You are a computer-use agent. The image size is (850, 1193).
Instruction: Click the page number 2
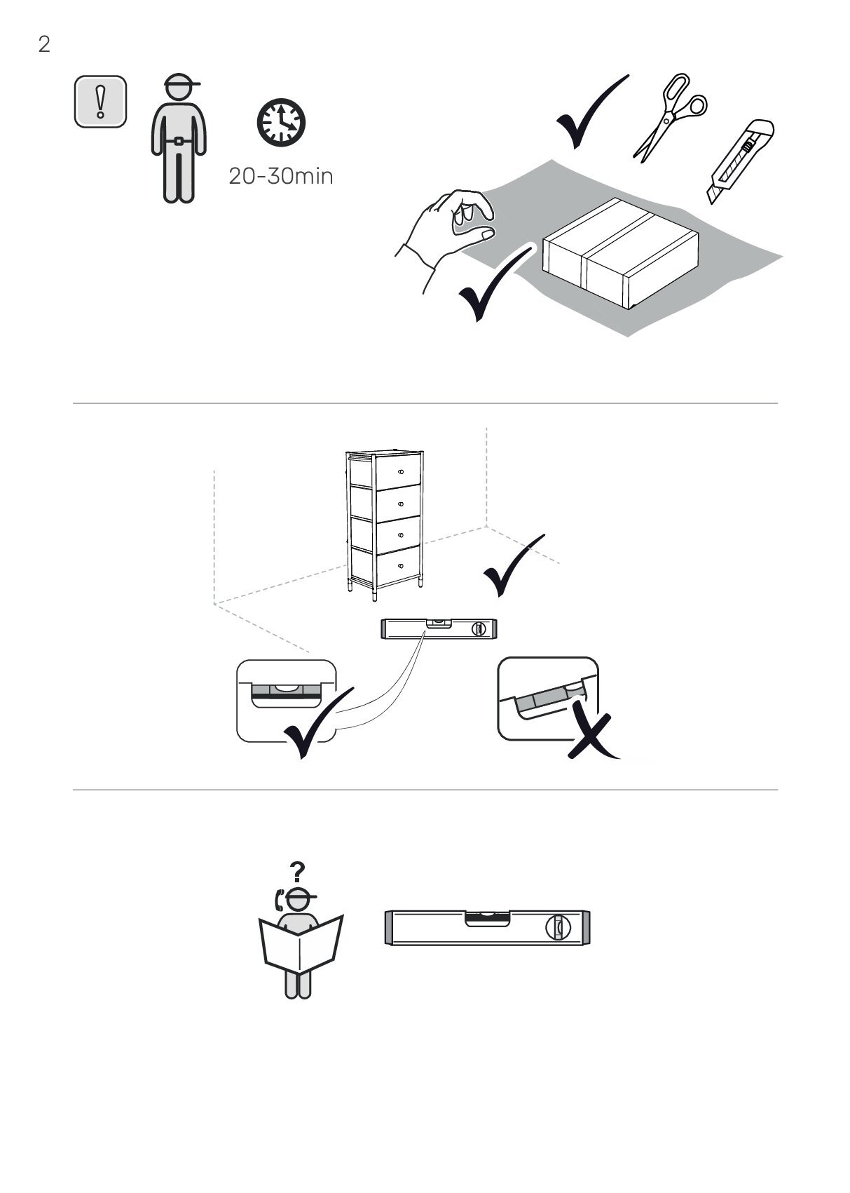[44, 44]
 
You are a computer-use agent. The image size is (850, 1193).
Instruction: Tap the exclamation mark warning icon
[100, 101]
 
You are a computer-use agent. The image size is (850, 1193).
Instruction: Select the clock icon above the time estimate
[281, 122]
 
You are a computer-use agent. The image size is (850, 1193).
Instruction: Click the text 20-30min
[280, 176]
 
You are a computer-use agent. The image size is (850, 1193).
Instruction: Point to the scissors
[670, 117]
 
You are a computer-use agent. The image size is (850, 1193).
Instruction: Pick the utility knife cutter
[741, 161]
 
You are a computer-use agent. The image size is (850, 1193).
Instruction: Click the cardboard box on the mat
[620, 252]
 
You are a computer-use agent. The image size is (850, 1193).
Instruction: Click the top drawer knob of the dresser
[401, 472]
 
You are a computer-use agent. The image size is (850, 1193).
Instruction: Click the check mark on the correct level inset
[318, 722]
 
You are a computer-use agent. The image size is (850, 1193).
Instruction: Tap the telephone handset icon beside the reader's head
[278, 900]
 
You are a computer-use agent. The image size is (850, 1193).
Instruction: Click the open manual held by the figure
[301, 943]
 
